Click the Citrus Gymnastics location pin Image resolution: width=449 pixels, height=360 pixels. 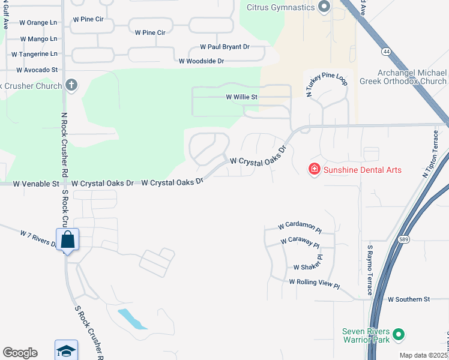(x=324, y=7)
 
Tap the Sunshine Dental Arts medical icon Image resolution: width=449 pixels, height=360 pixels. (x=313, y=170)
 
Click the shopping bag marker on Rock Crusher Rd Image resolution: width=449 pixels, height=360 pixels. (x=67, y=239)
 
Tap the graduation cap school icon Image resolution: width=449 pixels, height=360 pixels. (x=66, y=350)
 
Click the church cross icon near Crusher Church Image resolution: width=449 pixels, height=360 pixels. (x=71, y=85)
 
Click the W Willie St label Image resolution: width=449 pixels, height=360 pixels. (x=241, y=97)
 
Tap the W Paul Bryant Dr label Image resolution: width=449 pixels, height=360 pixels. (x=224, y=47)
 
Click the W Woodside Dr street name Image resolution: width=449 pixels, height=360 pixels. (x=201, y=61)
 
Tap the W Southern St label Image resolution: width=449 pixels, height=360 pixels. (x=409, y=299)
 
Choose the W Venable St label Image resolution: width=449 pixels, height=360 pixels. (x=36, y=183)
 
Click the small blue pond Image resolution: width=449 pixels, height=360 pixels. (x=132, y=319)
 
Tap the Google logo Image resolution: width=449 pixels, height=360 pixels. (x=20, y=353)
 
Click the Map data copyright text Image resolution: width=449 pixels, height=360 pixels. (x=423, y=355)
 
